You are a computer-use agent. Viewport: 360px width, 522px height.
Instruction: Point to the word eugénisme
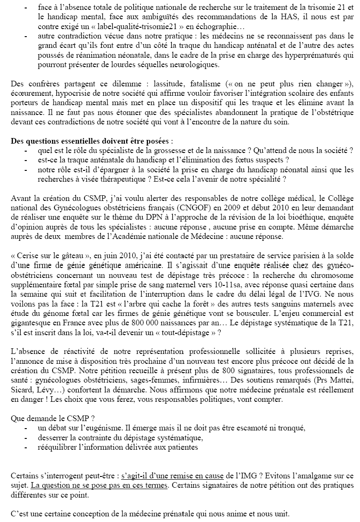[103, 428]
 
